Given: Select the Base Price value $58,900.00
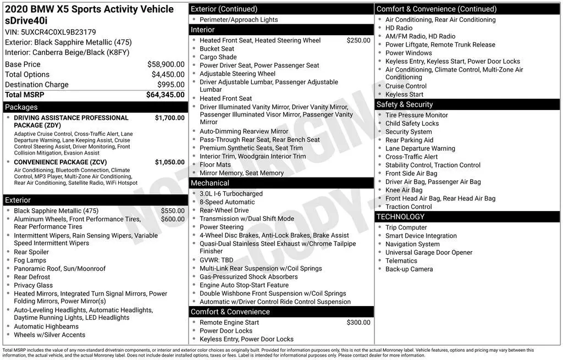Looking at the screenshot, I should tap(165, 64).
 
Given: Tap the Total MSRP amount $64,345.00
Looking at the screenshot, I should tap(165, 95).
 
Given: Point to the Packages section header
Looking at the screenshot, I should tap(21, 107).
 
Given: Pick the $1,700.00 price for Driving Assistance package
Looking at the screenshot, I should tap(169, 118).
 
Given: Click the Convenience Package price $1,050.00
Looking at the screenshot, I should tap(169, 162).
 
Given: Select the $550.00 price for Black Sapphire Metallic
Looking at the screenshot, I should tap(173, 211).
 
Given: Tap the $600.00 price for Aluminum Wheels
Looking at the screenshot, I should tap(173, 219).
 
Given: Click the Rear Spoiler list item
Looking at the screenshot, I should tap(31, 252).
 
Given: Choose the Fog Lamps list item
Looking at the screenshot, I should tap(30, 261).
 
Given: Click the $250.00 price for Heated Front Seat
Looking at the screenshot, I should tap(358, 40).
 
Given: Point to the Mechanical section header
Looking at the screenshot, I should tap(210, 183).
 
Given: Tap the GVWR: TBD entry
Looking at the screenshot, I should tap(216, 260).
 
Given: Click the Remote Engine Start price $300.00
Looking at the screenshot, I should tap(358, 323).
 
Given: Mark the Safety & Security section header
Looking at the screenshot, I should tap(405, 104).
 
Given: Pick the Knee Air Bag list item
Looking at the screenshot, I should tap(404, 190).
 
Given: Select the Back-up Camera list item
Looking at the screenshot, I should tap(409, 269).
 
